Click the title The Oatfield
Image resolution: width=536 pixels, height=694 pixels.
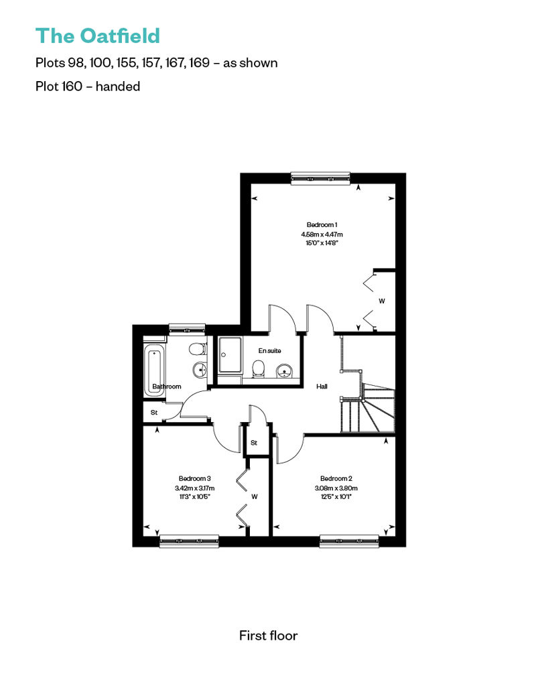97,36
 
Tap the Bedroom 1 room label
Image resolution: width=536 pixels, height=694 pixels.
322,225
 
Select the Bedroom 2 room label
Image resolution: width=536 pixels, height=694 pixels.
336,478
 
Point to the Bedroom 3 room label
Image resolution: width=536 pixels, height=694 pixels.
194,478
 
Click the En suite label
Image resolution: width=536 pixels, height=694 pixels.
269,350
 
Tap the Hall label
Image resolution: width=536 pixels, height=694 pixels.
322,387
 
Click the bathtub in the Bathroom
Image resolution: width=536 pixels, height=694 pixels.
154,371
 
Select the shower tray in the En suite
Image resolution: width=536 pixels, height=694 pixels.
230,355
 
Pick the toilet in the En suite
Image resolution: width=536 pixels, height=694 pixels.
258,369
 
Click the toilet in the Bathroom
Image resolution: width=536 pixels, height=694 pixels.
198,350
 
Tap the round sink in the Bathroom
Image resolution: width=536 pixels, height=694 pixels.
200,369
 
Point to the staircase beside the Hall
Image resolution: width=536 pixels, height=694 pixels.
367,407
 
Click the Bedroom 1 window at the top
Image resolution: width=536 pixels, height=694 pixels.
321,178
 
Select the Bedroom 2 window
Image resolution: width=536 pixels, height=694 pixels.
349,541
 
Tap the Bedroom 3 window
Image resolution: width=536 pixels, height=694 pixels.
189,541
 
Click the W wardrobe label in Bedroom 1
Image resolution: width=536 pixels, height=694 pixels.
381,301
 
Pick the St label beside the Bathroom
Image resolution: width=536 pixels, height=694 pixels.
154,413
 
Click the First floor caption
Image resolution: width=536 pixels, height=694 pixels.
268,636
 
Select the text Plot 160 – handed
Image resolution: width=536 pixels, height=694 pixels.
88,86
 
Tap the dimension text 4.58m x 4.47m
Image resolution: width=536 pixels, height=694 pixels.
322,234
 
